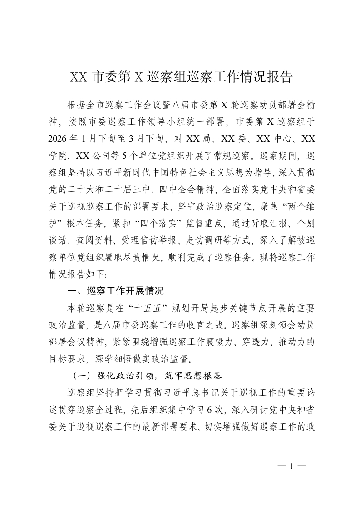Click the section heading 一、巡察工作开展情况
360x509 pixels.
point(115,290)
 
